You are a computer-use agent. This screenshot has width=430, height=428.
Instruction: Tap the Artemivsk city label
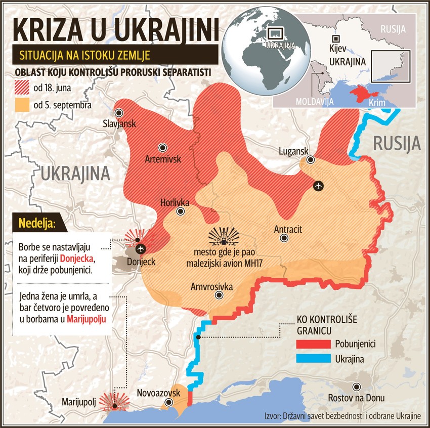pos(162,159)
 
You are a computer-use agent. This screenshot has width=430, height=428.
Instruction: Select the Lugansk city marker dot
pos(310,159)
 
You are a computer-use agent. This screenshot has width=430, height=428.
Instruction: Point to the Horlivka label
pos(175,202)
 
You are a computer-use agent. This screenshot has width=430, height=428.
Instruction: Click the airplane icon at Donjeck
pos(140,248)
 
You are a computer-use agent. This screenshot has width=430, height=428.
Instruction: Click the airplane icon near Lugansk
pos(318,186)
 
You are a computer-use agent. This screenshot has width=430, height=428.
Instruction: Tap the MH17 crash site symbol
pos(223,236)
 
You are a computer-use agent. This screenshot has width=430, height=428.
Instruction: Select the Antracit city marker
pos(284,238)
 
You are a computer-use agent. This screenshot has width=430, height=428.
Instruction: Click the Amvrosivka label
pos(211,287)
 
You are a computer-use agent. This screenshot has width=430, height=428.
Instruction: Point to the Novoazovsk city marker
pos(169,402)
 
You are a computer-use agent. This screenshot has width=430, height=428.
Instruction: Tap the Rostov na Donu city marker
pos(358,387)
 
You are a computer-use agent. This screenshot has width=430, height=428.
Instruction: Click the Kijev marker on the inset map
pos(333,39)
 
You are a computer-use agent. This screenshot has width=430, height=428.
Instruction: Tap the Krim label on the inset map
pos(377,103)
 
